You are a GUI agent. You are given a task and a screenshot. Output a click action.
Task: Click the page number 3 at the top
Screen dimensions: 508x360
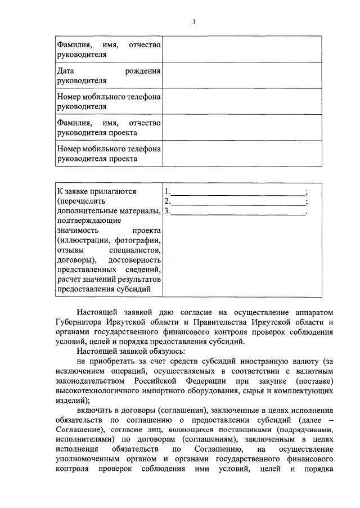[x=193, y=22]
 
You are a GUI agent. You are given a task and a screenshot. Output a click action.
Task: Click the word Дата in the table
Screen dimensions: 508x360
[x=66, y=71]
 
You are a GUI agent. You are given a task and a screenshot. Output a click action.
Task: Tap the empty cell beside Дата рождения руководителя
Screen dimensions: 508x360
[x=242, y=75]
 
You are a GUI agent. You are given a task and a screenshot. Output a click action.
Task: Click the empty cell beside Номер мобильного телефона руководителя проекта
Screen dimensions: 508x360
[x=242, y=154]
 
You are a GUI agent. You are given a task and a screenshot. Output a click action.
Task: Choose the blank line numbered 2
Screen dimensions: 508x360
[x=237, y=201]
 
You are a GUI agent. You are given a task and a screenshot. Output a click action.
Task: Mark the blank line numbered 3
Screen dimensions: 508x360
[x=237, y=212]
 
